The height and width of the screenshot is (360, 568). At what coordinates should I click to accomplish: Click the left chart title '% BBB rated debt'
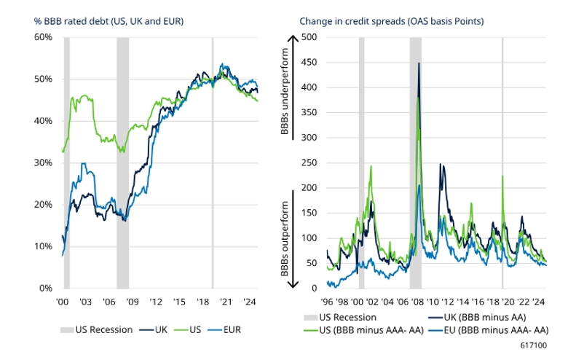tap(109, 20)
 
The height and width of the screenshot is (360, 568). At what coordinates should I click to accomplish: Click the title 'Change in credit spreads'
tap(392, 20)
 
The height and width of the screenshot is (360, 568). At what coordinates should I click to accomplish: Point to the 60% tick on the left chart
tap(42, 37)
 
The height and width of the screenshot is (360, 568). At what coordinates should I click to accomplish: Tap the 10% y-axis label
tap(42, 246)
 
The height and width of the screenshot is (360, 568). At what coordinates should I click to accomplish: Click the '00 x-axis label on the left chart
tap(63, 301)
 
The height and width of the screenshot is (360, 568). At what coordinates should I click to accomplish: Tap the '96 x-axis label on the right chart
tap(328, 301)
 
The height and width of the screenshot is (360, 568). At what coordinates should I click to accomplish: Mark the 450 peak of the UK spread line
tap(419, 63)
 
